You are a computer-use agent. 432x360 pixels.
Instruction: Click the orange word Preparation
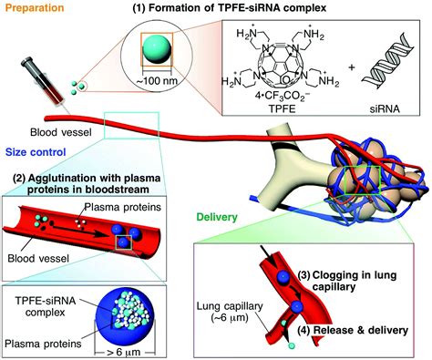35,7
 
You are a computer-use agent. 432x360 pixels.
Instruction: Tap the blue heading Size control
36,152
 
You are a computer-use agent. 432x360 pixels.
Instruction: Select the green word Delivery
217,217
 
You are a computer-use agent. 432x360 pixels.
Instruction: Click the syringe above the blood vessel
44,82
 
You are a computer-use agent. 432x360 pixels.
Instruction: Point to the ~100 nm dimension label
157,81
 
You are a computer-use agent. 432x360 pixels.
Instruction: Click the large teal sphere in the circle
157,50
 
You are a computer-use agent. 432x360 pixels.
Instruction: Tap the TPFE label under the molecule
282,108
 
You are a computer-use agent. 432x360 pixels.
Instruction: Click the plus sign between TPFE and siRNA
351,67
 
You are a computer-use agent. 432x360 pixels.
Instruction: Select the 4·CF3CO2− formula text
283,98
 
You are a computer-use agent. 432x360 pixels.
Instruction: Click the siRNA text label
385,108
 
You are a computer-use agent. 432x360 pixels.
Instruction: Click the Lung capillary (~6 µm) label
230,312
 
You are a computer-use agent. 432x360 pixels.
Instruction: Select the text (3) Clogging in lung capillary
346,281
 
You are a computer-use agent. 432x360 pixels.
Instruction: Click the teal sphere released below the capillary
292,345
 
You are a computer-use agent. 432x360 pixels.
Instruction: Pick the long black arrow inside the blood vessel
79,230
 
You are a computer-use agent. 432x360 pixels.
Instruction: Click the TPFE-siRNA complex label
46,306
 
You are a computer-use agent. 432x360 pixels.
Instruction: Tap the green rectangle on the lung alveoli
363,180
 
